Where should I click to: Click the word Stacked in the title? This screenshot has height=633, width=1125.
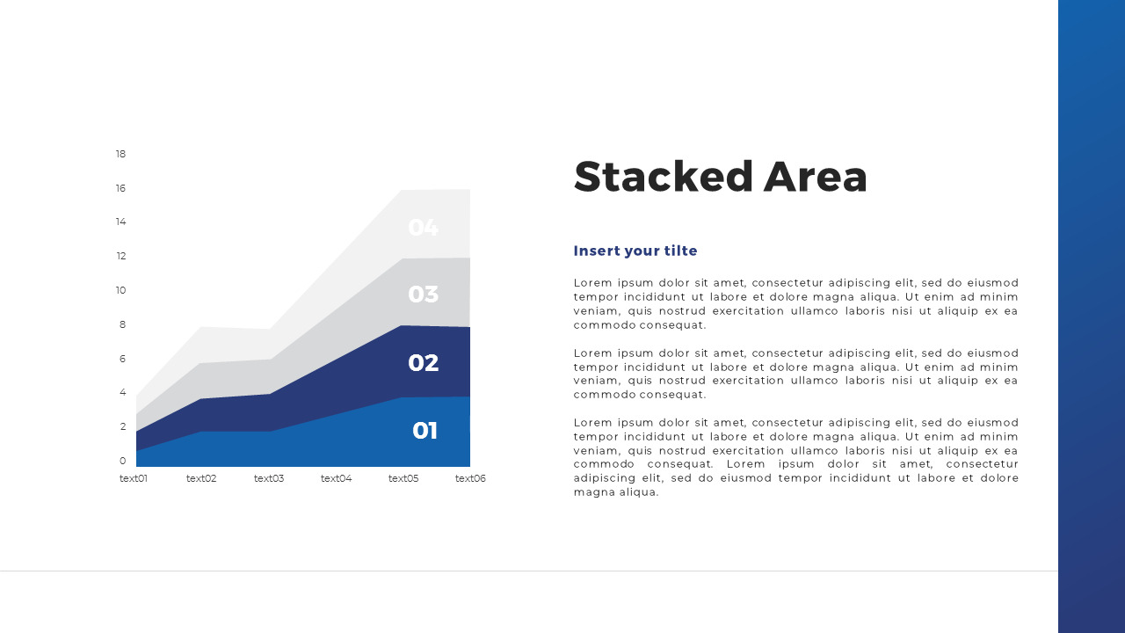(x=664, y=177)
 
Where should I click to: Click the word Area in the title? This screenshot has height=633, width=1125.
(x=815, y=177)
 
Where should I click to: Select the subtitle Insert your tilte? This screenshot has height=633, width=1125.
(x=635, y=251)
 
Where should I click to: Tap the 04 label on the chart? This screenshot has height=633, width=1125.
(x=423, y=228)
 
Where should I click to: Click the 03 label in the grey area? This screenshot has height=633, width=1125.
(x=423, y=295)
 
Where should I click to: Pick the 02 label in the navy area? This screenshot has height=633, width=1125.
(x=423, y=363)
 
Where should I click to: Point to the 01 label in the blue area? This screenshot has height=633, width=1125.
(x=425, y=431)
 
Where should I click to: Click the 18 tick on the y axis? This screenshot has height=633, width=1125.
(x=120, y=155)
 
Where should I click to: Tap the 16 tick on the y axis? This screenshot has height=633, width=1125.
(x=120, y=188)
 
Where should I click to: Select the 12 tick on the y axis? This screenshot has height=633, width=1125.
(x=120, y=257)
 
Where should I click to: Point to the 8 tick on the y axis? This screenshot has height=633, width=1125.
(x=122, y=324)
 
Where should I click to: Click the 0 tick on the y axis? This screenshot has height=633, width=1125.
(x=122, y=461)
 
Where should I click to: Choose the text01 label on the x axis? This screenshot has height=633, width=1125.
(x=134, y=479)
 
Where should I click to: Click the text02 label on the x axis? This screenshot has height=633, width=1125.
(x=201, y=479)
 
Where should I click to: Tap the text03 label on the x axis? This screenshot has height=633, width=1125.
(x=269, y=479)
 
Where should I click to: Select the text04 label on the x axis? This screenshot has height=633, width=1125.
(x=336, y=479)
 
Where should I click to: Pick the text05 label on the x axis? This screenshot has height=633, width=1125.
(x=403, y=479)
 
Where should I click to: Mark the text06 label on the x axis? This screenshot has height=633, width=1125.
(x=470, y=479)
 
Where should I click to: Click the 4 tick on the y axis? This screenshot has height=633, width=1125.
(x=122, y=393)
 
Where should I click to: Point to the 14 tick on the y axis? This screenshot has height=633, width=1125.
(x=120, y=222)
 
